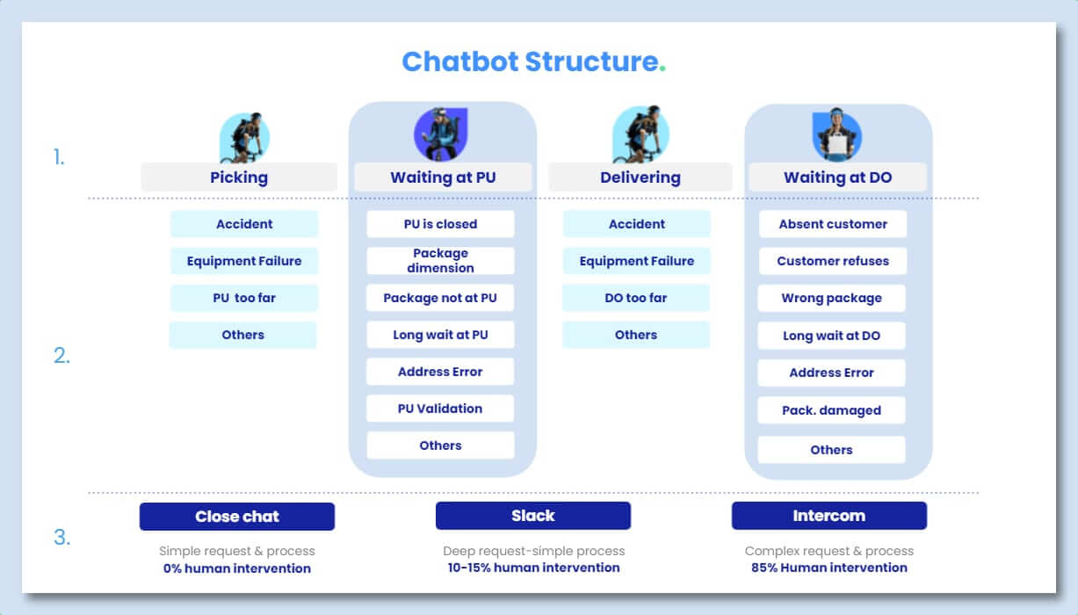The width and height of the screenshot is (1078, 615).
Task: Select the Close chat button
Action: tap(237, 517)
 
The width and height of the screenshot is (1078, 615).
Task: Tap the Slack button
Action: tap(533, 516)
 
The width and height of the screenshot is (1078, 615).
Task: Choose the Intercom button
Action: tap(828, 516)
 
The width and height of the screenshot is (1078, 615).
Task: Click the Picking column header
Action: tap(239, 177)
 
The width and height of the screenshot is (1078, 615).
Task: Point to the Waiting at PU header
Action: tap(443, 177)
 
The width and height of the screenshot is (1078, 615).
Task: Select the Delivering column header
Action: tap(640, 177)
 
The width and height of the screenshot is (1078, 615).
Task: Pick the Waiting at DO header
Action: tap(837, 177)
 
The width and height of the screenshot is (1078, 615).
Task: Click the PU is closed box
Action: tap(440, 224)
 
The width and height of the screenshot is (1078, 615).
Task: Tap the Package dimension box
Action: tap(440, 261)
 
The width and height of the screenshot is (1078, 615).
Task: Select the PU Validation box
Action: tap(440, 409)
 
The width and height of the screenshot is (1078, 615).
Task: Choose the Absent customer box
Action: tap(832, 224)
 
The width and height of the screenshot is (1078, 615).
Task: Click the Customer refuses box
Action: tap(832, 261)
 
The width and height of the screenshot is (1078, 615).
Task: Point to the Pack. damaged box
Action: tap(831, 410)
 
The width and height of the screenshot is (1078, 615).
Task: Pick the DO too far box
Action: tap(636, 298)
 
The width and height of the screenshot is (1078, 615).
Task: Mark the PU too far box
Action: tap(244, 298)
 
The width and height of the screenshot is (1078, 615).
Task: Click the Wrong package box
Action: tap(831, 298)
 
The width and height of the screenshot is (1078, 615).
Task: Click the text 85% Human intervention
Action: tap(829, 568)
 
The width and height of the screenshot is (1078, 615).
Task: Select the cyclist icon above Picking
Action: tap(243, 138)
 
